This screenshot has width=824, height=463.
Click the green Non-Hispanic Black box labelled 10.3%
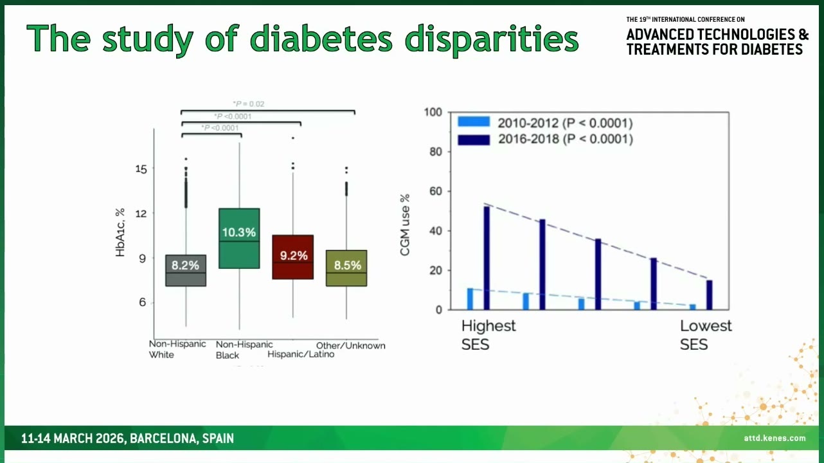[239, 239]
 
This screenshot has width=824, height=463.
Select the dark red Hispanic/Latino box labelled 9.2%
[293, 257]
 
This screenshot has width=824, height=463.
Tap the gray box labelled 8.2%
[186, 271]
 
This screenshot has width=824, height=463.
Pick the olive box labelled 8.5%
[346, 268]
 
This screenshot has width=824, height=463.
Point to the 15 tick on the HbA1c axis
[141, 169]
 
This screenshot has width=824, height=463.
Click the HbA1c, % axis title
[120, 232]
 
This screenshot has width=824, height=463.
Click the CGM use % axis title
[405, 225]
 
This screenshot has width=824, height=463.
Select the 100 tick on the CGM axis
[433, 112]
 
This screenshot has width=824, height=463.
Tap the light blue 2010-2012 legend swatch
[474, 122]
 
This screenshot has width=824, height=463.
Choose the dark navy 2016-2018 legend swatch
[474, 140]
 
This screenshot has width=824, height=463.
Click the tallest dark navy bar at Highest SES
[487, 258]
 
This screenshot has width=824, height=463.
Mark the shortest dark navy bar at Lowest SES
[709, 295]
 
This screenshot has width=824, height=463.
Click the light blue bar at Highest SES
[470, 299]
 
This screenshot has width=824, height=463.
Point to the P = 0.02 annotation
[249, 104]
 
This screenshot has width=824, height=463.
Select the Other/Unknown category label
[350, 345]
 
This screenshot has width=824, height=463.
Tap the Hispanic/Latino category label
[301, 354]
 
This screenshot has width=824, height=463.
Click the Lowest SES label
[706, 335]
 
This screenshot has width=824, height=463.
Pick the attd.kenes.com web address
[775, 438]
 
